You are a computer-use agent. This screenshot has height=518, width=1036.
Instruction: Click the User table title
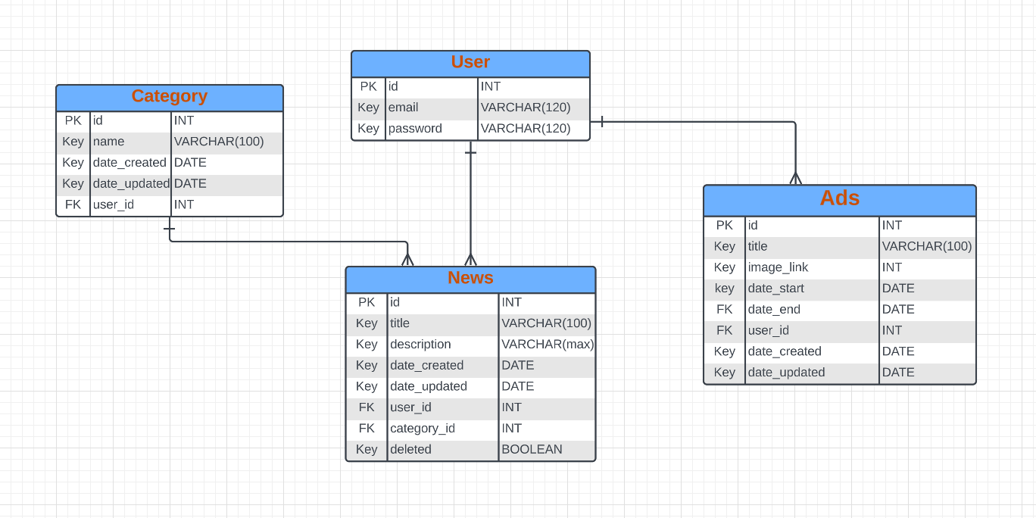click(x=470, y=63)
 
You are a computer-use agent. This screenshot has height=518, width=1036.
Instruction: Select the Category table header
click(x=169, y=97)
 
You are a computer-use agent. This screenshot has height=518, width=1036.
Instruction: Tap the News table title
click(x=470, y=279)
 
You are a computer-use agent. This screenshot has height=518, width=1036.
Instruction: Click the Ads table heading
click(x=839, y=199)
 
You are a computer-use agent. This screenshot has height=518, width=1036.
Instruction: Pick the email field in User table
click(x=404, y=108)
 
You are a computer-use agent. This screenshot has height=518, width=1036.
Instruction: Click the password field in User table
click(x=415, y=129)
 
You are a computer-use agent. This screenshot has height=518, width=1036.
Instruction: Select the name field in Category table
click(x=109, y=142)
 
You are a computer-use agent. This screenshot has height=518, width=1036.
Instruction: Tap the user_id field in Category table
click(x=114, y=204)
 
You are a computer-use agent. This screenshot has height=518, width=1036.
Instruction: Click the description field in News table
click(x=420, y=345)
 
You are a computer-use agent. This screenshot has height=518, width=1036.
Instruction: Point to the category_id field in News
click(x=423, y=429)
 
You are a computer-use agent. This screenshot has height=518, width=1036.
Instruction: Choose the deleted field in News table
click(x=410, y=450)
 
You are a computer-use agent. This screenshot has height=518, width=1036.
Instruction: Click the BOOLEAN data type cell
click(x=532, y=450)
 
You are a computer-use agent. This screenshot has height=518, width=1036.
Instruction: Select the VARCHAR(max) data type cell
click(x=548, y=345)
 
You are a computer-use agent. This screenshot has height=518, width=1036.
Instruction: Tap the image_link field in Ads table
click(x=778, y=267)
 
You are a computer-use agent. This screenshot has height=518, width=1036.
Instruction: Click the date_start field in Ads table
click(x=776, y=289)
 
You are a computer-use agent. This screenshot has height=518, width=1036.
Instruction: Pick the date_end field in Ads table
click(x=774, y=310)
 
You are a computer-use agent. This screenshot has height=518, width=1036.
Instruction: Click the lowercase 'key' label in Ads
click(x=725, y=289)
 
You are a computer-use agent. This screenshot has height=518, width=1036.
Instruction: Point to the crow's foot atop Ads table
click(x=795, y=179)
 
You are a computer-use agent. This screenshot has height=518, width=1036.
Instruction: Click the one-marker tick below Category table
click(x=169, y=228)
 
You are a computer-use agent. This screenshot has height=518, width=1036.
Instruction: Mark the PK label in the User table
click(x=369, y=87)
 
